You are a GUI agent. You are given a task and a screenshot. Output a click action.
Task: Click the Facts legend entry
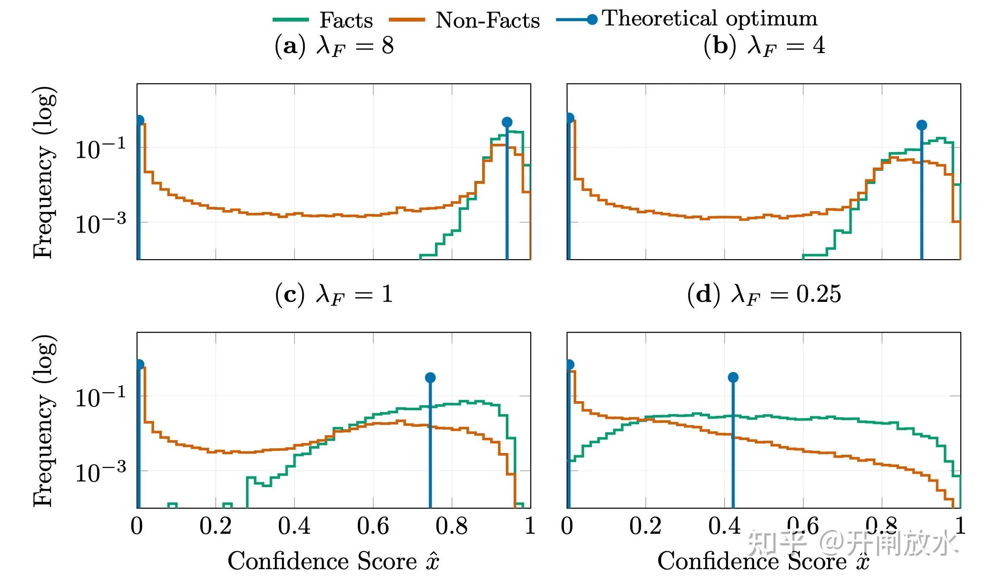[323, 20]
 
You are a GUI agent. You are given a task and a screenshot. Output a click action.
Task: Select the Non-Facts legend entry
[464, 20]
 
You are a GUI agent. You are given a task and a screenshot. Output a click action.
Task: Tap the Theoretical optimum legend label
[710, 19]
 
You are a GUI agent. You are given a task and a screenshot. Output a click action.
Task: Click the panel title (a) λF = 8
[334, 46]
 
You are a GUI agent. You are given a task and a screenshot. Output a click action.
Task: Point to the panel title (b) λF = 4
[764, 46]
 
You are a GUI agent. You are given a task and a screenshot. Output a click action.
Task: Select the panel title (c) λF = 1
[334, 295]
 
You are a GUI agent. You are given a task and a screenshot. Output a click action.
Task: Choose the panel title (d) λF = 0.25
[764, 295]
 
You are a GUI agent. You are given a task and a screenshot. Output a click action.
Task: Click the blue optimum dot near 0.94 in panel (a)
[507, 122]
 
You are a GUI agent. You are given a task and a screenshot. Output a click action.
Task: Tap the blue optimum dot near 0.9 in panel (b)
[921, 125]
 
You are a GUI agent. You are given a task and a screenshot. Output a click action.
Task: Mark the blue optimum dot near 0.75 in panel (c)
[430, 378]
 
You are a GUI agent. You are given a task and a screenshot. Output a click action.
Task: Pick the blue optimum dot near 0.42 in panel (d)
[733, 377]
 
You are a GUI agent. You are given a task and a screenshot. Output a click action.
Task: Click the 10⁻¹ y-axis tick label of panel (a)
[101, 149]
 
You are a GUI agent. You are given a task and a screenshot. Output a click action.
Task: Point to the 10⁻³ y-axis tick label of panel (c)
[101, 472]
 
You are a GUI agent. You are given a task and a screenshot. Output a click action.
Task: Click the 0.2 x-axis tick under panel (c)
[215, 526]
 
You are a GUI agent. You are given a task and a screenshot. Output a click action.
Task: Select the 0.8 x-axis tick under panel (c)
[451, 526]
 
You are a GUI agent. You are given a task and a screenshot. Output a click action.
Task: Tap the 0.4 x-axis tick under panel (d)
[724, 526]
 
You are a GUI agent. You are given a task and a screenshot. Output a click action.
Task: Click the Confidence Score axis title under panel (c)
[334, 561]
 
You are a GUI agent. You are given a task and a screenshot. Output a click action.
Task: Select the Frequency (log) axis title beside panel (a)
[44, 172]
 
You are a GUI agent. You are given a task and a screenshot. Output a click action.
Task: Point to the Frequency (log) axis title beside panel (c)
[44, 420]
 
